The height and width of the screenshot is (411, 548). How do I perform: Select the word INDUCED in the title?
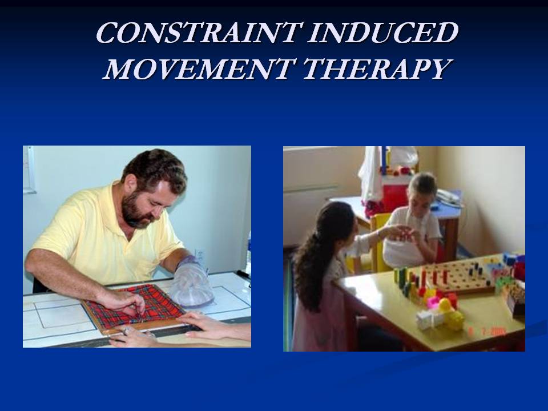[x=383, y=33]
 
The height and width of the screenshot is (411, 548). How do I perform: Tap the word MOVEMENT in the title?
[x=198, y=68]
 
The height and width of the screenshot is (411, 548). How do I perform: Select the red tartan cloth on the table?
[x=135, y=308]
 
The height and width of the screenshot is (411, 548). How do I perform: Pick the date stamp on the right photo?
[x=487, y=331]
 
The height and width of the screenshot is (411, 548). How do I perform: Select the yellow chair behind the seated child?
[x=379, y=241]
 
